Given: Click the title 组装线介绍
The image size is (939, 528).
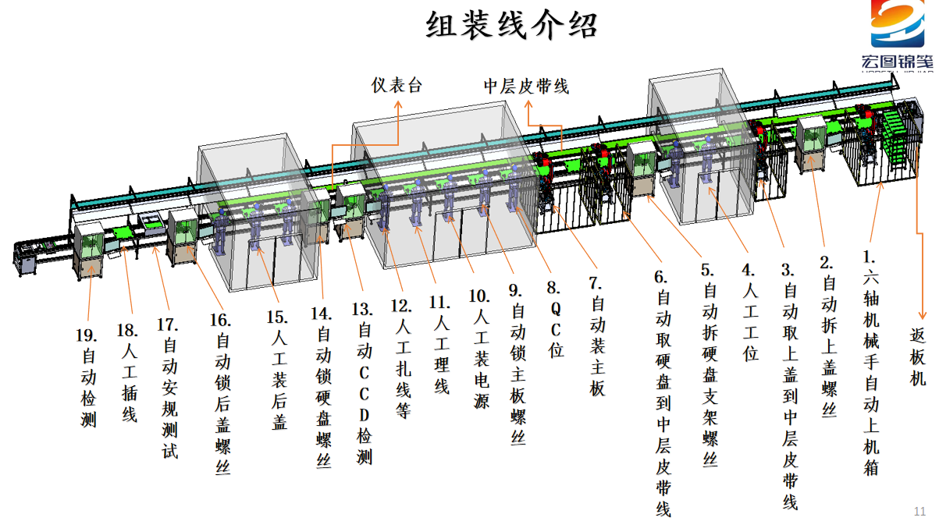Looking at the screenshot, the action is (511, 25).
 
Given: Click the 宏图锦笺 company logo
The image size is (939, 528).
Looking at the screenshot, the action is (897, 36).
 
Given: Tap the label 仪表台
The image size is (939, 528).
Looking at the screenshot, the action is (397, 86).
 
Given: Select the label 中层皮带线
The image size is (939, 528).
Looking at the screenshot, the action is (527, 87).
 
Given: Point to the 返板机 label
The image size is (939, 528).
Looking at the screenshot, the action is (917, 357).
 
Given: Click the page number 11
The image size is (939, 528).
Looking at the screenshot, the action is (919, 512).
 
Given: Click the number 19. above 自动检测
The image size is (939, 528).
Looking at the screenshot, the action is (87, 335).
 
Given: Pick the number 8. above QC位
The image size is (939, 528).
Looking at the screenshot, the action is (553, 288).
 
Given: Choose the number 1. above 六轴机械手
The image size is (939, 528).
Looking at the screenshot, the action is (869, 257).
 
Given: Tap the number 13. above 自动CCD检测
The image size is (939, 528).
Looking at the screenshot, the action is (362, 310).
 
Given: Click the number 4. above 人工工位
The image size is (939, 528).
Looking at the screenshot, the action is (749, 270).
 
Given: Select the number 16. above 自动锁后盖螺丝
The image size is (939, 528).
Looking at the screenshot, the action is (220, 321).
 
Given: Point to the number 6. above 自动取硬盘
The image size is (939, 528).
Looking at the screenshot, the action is (660, 277).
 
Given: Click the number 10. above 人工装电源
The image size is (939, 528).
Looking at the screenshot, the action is (479, 296).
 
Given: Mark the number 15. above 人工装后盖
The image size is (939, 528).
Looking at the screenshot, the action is (277, 317).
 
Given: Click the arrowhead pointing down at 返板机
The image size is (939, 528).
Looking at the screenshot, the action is (922, 314).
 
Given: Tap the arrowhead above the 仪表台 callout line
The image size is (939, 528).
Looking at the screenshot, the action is (398, 105).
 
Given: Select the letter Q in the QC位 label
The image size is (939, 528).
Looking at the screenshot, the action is (556, 309).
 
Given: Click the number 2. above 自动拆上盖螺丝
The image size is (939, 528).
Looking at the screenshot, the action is (827, 263).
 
